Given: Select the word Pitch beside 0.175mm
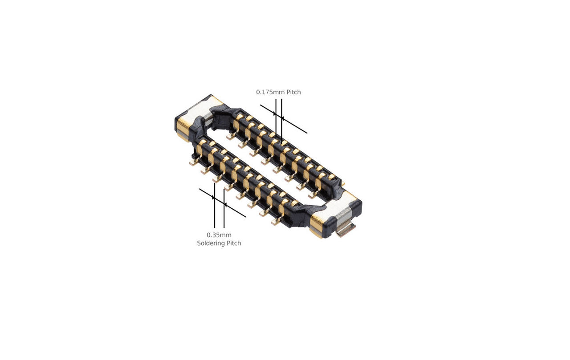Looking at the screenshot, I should click(x=293, y=92).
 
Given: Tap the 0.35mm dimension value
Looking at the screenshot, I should click(x=219, y=235).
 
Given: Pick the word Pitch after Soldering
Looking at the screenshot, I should click(x=234, y=243).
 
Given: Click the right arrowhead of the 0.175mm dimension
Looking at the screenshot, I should click(x=284, y=118).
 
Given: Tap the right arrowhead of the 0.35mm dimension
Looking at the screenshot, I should click(x=226, y=205).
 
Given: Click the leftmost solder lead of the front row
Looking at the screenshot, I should click(x=193, y=163).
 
